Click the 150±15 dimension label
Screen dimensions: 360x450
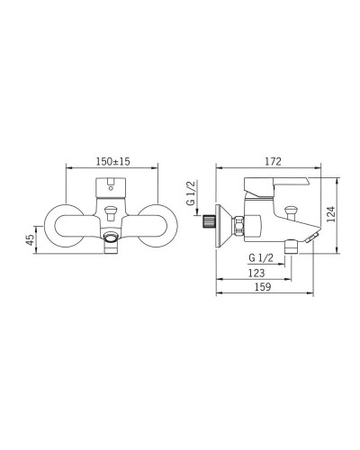point(113,161)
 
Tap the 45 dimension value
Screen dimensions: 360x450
point(30,240)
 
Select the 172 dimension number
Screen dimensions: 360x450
point(273,161)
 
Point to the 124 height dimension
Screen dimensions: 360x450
point(330,214)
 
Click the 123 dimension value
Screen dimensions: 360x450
point(256,273)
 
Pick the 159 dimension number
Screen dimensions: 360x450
point(263,287)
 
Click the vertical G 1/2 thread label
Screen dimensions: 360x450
point(191,193)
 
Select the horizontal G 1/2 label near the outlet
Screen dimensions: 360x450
point(261,258)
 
